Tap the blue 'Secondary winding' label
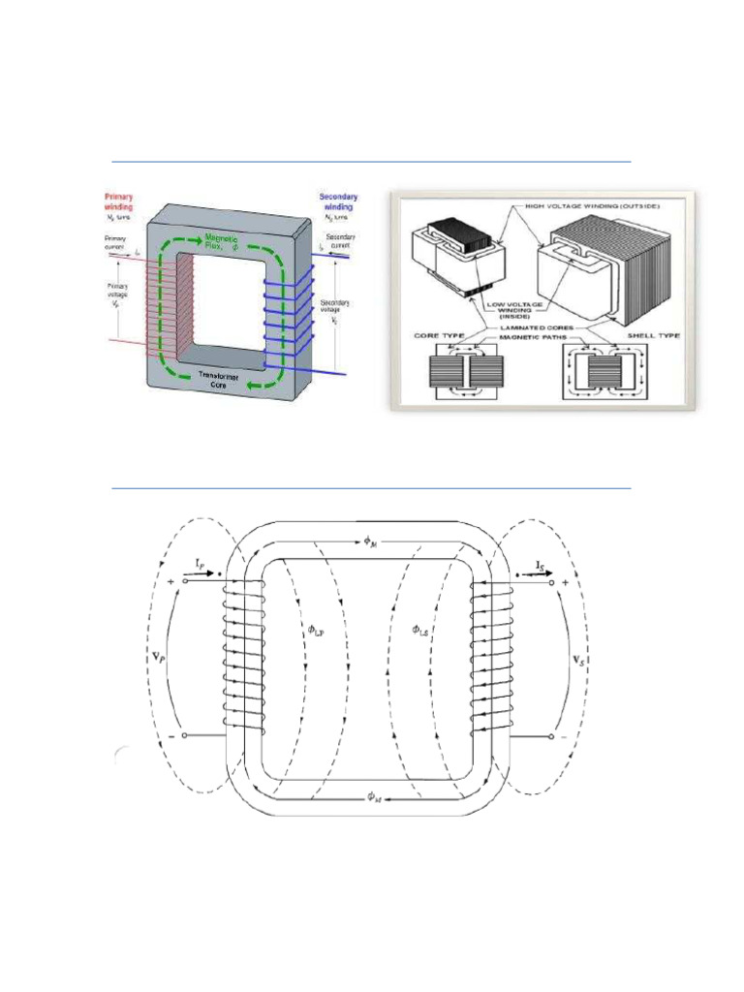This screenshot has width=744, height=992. [x=336, y=201]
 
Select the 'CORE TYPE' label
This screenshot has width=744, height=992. [x=434, y=334]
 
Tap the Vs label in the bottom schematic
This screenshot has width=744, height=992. [x=579, y=662]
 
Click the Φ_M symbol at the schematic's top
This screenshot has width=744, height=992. [x=371, y=542]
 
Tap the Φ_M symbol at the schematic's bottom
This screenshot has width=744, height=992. [x=373, y=795]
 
